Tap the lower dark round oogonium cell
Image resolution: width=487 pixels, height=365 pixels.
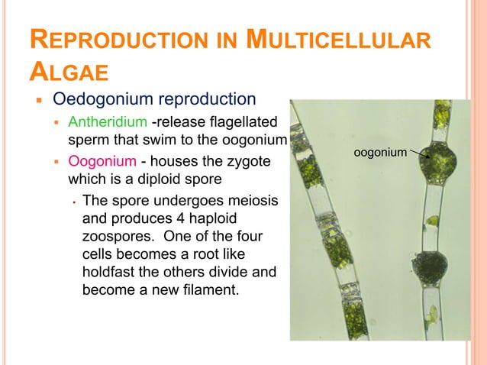(430, 267)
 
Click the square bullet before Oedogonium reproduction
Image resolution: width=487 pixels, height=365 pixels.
(36, 101)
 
